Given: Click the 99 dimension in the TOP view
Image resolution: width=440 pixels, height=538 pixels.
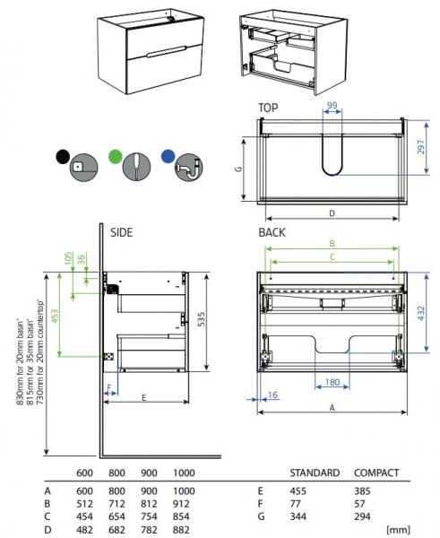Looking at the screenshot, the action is pos(332,105).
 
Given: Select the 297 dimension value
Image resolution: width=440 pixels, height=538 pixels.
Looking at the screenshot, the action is pos(421,147).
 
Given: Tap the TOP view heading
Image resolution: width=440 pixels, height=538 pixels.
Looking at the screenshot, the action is pos(268,108).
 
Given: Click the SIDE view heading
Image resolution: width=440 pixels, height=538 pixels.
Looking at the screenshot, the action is pos(121,232).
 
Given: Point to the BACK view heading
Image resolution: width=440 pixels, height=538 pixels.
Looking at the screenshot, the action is pos(272,232).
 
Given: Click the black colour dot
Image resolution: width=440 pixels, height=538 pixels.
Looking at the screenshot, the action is pos(63,157).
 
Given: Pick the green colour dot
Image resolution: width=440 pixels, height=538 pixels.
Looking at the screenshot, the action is pos(116,157).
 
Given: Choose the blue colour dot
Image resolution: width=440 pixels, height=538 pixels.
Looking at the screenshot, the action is pos(168,156).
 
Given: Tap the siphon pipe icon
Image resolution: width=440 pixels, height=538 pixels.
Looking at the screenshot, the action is pos(188,167).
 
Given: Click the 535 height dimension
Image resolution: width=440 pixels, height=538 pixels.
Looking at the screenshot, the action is pos(202,318).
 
